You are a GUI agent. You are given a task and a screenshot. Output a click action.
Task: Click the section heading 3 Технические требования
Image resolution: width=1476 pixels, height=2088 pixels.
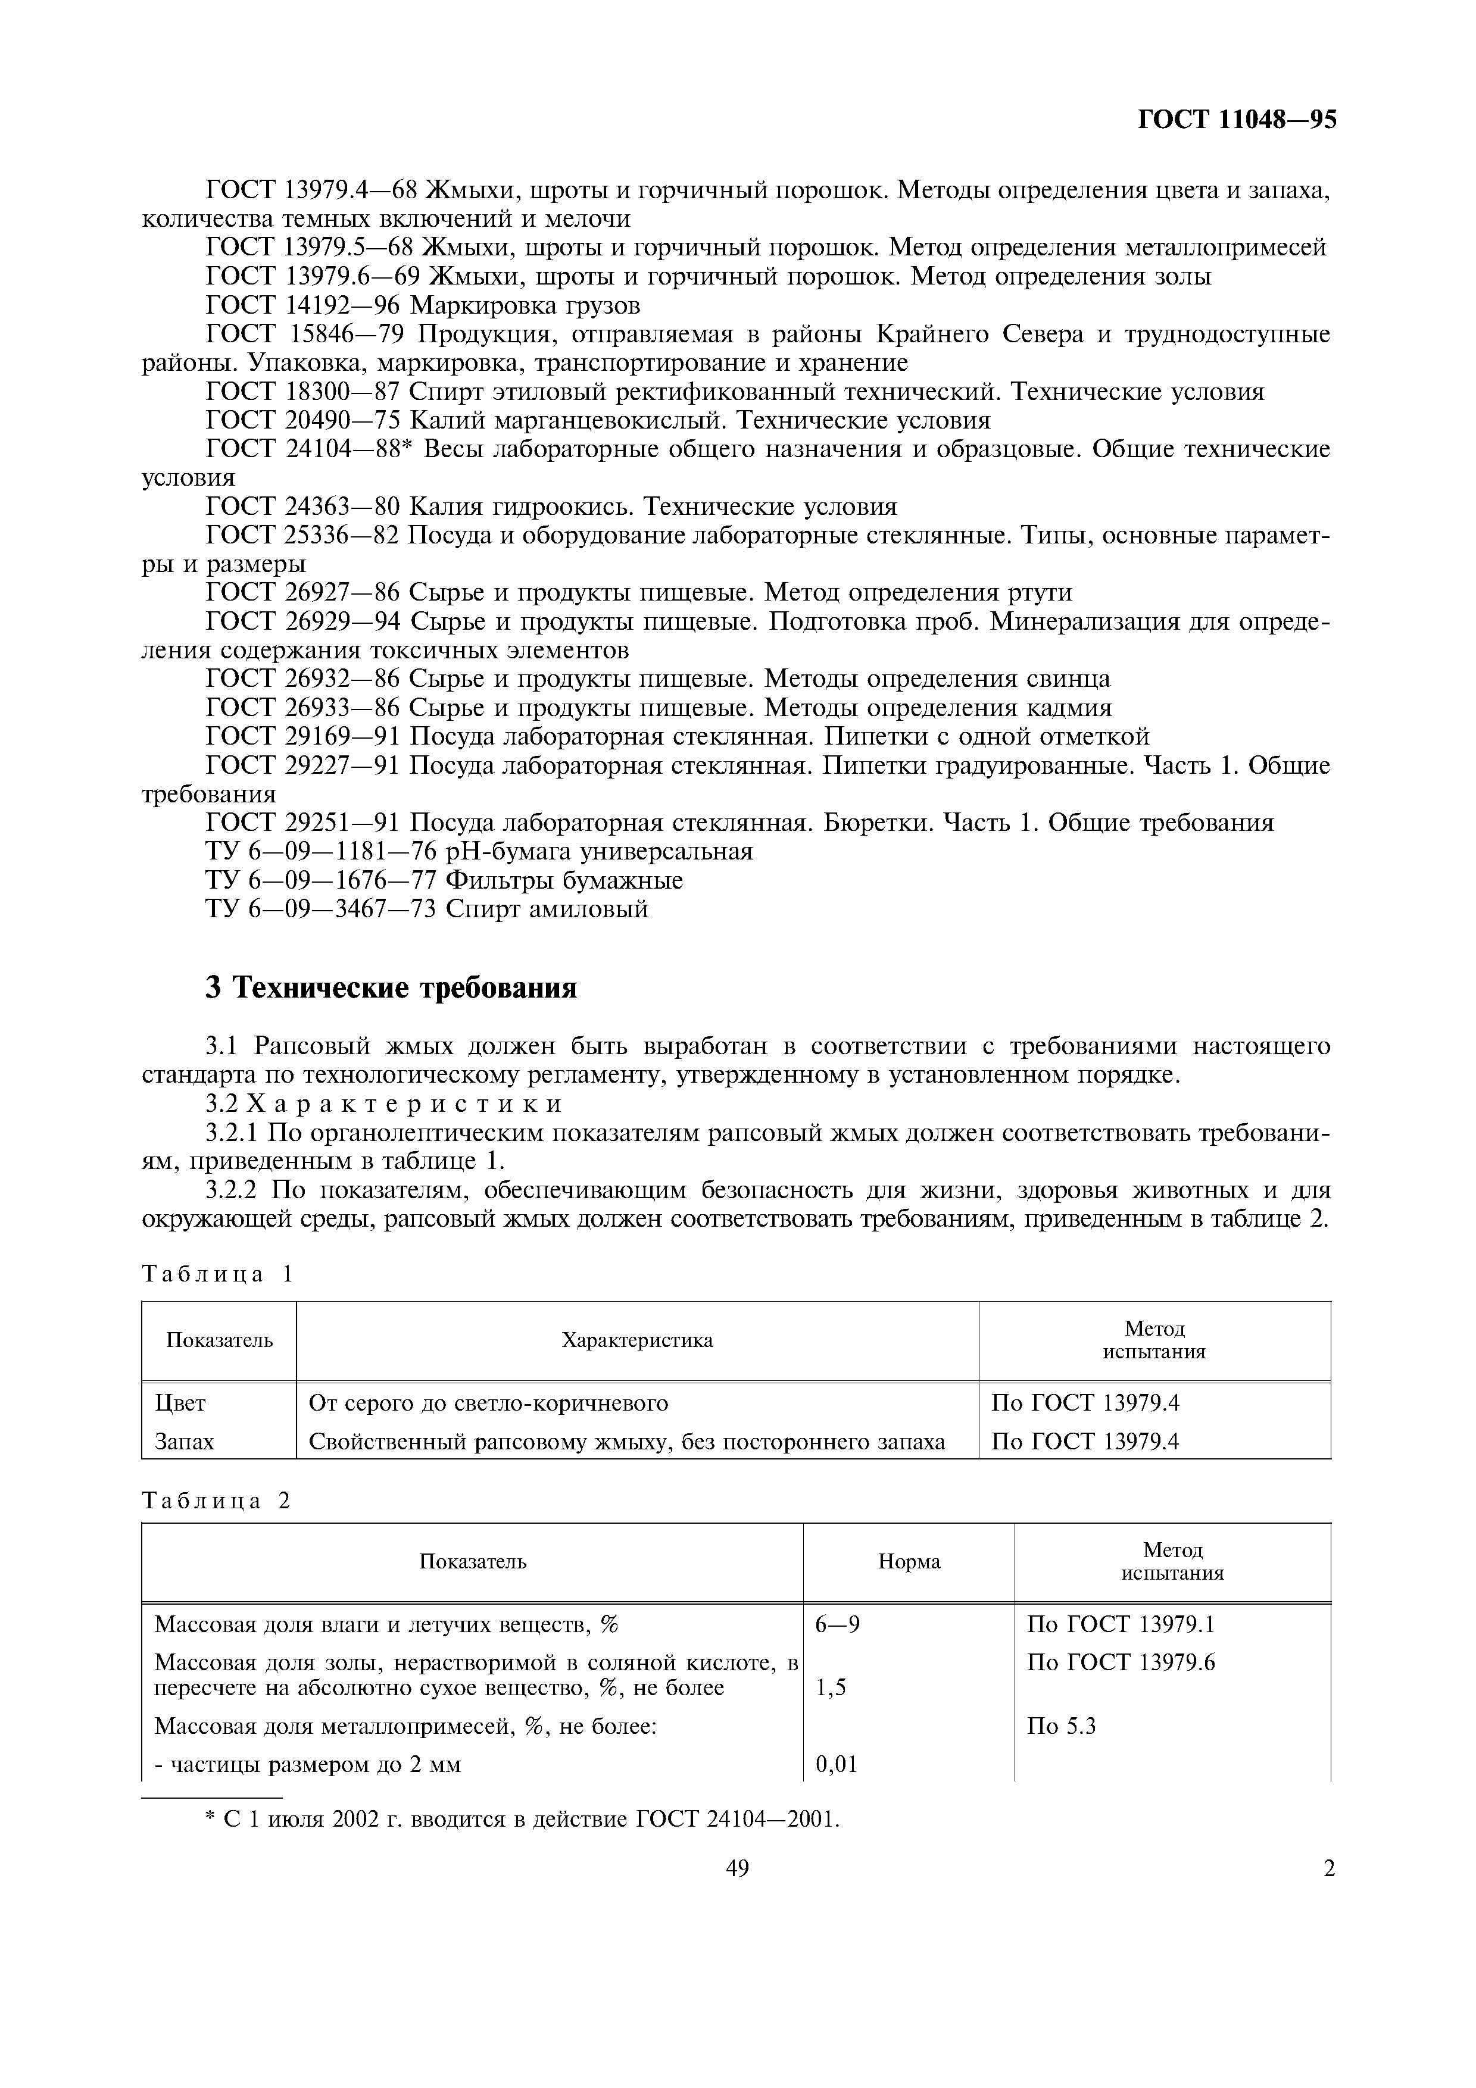pos(391,987)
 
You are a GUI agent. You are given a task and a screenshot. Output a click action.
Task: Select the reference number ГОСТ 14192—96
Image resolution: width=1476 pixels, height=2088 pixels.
pos(305,305)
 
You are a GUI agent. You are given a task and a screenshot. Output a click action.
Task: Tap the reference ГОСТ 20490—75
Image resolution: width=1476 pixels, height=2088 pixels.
pos(305,421)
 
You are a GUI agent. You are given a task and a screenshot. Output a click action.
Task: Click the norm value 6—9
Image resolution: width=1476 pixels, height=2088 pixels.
pos(838,1625)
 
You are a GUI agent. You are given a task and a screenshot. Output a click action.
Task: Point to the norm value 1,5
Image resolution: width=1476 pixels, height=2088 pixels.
pos(831,1689)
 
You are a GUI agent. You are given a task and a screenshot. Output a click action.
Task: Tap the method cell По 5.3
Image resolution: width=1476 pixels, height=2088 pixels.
pos(1060,1726)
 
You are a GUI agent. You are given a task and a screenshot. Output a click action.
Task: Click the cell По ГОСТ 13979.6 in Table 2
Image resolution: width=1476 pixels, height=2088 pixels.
pos(1121,1663)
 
